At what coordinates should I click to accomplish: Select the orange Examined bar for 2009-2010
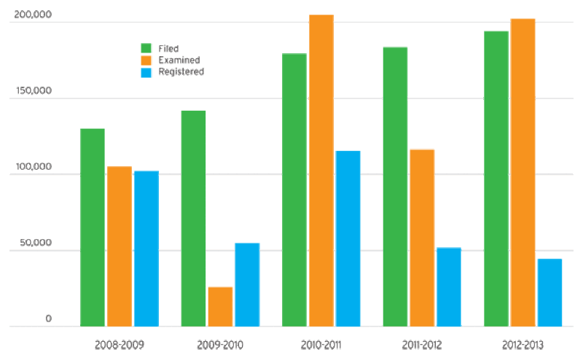click(220, 306)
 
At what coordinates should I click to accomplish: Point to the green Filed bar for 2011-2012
click(395, 187)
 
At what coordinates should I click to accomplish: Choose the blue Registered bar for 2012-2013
click(549, 292)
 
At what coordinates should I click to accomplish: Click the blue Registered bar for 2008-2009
click(146, 249)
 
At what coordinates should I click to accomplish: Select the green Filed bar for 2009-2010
click(193, 218)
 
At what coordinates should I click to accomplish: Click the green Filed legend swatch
click(146, 48)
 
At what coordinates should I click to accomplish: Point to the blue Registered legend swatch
click(146, 71)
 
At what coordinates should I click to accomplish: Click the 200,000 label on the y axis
click(33, 15)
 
